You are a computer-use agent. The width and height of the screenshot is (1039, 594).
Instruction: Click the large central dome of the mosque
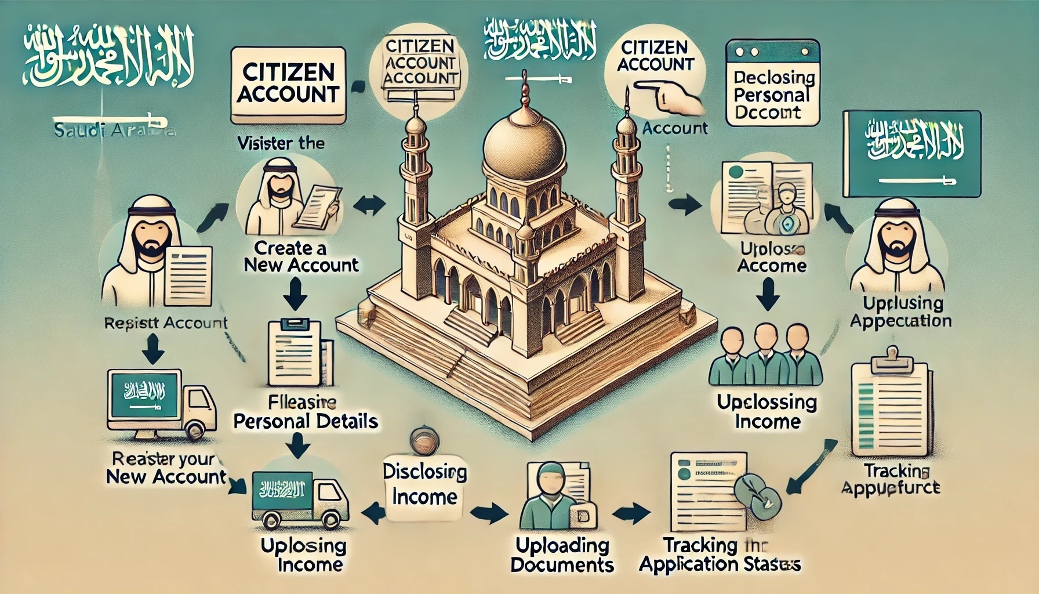(x=524, y=148)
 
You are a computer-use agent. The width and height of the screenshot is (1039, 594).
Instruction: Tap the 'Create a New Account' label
(x=301, y=256)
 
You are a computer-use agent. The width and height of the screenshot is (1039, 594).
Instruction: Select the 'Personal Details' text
(x=306, y=421)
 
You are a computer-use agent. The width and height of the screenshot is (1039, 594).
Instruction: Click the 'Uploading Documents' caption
(x=562, y=555)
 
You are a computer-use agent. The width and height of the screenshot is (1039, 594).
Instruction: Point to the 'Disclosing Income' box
(x=424, y=484)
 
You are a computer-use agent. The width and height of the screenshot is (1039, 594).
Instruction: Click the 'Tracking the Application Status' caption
(x=720, y=555)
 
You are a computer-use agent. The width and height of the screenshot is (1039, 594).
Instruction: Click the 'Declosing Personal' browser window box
(x=773, y=82)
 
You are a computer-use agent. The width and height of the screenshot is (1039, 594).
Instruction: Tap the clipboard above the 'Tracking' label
(x=891, y=407)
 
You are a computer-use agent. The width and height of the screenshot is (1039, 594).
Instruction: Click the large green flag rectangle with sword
(x=911, y=154)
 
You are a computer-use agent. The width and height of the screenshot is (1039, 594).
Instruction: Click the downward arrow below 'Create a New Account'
(x=296, y=294)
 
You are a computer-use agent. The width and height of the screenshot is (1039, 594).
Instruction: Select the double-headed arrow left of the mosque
(x=369, y=205)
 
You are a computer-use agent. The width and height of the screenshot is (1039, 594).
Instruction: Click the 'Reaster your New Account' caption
(x=165, y=468)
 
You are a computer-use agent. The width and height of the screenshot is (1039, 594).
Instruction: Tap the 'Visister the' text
(x=281, y=143)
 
